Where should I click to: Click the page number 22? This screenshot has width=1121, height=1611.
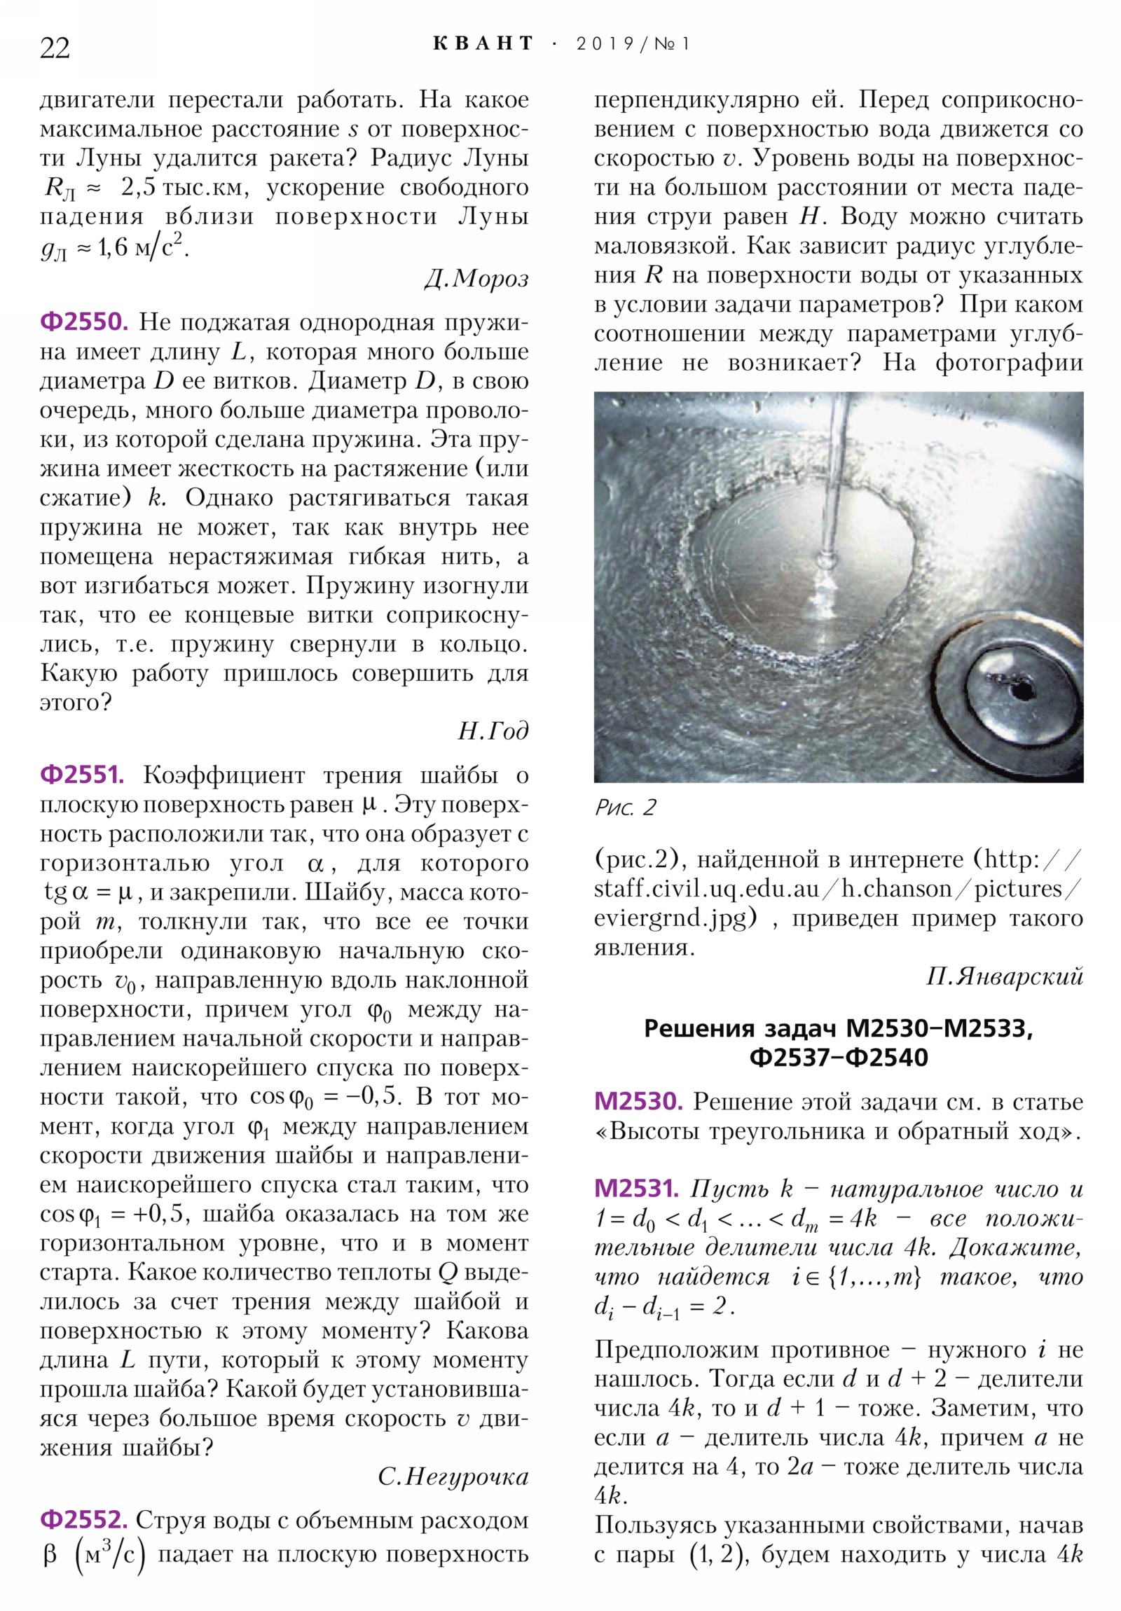point(55,48)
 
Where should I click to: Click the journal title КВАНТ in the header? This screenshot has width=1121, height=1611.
point(483,44)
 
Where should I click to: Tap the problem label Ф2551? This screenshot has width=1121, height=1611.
point(82,775)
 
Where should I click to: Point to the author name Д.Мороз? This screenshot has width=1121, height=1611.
point(476,279)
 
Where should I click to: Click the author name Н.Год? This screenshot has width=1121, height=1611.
point(493,731)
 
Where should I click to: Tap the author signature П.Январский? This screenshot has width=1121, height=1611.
point(1005,976)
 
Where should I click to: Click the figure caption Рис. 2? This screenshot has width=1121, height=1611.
point(625,808)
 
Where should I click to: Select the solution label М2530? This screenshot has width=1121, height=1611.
point(638,1102)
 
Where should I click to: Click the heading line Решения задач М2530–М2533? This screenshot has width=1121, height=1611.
point(838,1028)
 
